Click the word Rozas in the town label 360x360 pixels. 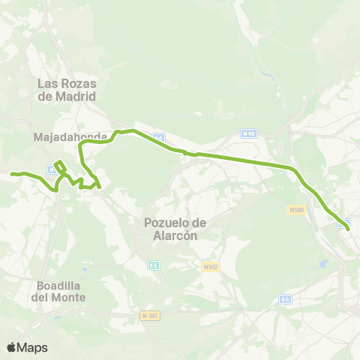(82, 83)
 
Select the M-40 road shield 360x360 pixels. (248, 133)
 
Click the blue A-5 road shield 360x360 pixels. (285, 299)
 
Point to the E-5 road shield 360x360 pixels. (153, 265)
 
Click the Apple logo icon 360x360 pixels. (12, 346)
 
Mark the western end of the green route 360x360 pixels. (12, 174)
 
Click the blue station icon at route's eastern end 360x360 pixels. (344, 223)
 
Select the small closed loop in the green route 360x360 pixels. (60, 166)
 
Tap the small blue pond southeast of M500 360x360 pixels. (323, 264)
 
